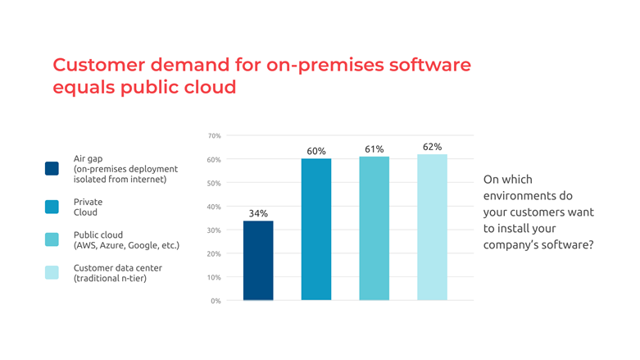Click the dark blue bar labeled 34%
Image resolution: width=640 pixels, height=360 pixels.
coord(258,260)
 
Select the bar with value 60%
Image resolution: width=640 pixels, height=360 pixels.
coord(316,229)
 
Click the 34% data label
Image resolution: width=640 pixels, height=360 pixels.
coord(258,213)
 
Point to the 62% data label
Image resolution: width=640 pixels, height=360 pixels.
coord(432,147)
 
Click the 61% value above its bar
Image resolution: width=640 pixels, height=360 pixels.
coord(374,148)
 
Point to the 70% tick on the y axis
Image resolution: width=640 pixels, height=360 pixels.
coord(213,135)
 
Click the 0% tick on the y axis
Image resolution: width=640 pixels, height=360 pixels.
coord(216,301)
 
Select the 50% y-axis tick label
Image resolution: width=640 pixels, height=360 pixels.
coord(213,183)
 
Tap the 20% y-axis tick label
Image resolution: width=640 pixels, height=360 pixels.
coord(213,253)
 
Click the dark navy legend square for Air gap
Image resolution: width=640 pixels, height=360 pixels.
coord(52,168)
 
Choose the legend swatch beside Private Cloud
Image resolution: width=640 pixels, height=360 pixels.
coord(52,207)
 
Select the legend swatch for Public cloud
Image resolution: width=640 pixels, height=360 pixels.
coord(52,239)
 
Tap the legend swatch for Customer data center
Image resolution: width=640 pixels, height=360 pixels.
coord(52,273)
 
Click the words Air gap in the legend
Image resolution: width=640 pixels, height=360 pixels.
coord(89,157)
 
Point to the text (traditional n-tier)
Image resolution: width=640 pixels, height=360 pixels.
coord(110,279)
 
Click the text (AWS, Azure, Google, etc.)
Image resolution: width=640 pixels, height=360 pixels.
coord(126,245)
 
